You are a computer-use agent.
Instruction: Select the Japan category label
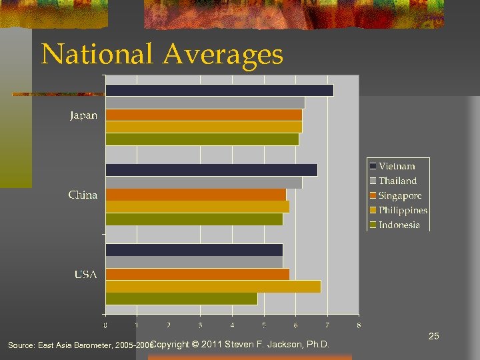[x=84, y=115]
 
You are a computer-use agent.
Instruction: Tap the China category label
[x=83, y=195]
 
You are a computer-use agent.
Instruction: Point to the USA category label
[x=85, y=275]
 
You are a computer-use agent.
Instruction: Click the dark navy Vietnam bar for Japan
[x=219, y=90]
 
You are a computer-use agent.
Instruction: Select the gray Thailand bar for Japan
[x=205, y=103]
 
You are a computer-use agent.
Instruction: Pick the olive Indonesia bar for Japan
[x=202, y=139]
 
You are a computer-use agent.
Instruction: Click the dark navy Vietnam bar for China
[x=211, y=170]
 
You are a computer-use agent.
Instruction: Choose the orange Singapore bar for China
[x=196, y=195]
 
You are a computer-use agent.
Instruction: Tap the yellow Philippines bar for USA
[x=213, y=287]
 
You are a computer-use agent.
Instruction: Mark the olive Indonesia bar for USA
[x=181, y=299]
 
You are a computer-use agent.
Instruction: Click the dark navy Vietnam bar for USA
[x=194, y=250]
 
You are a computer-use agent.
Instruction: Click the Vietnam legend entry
[x=397, y=166]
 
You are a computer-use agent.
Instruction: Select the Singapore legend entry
[x=400, y=195]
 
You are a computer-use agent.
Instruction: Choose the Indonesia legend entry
[x=399, y=225]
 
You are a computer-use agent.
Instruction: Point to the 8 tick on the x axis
[x=359, y=325]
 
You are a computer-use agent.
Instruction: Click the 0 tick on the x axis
[x=105, y=325]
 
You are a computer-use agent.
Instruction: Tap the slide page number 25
[x=433, y=336]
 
